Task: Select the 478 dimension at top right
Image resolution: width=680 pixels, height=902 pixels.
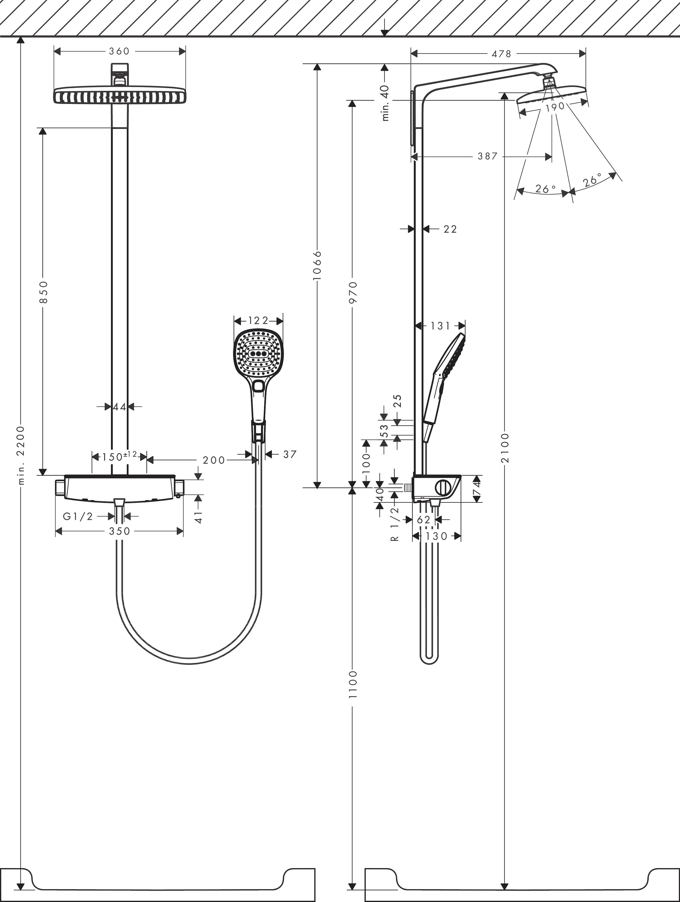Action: pyautogui.click(x=501, y=54)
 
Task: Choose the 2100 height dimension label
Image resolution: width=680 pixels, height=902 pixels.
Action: pyautogui.click(x=505, y=448)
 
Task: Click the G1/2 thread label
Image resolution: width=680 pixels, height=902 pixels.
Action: pyautogui.click(x=78, y=517)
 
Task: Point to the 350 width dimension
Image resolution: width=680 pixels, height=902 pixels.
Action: pyautogui.click(x=120, y=531)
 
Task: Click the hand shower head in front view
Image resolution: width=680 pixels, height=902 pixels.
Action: pyautogui.click(x=258, y=354)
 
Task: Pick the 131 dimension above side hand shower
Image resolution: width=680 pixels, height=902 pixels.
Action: pyautogui.click(x=440, y=326)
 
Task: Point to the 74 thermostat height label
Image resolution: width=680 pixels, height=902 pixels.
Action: pyautogui.click(x=477, y=489)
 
